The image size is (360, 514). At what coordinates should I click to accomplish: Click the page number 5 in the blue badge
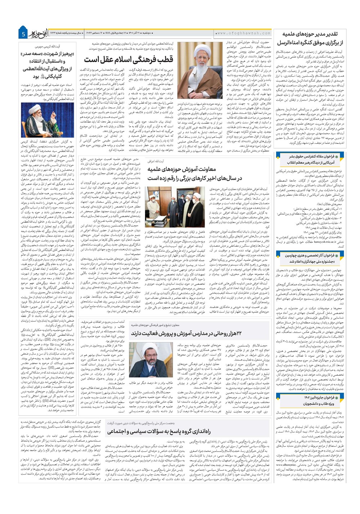23,35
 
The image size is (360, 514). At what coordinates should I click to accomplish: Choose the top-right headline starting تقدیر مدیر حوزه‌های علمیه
311,38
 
